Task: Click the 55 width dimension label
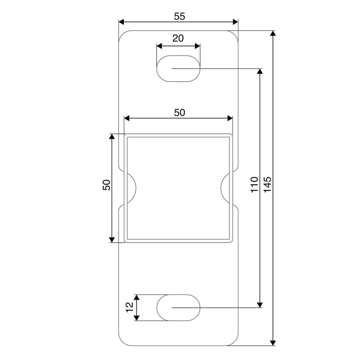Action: coord(180,16)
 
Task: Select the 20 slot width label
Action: coord(178,38)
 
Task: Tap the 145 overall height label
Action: coord(267,185)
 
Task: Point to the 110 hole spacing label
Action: coord(254,185)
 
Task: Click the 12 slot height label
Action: coord(130,307)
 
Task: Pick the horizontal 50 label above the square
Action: coord(180,113)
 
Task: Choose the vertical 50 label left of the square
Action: coord(107,185)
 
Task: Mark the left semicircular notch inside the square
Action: coord(136,188)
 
